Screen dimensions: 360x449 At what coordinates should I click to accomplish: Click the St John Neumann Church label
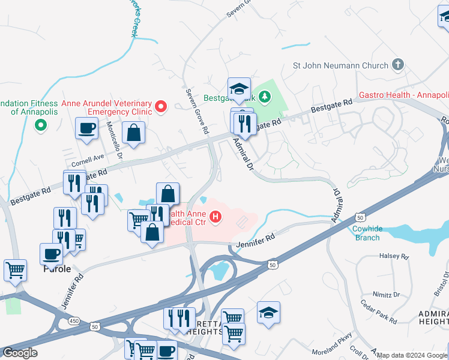point(340,65)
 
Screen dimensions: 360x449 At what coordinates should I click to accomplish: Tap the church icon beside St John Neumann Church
point(397,64)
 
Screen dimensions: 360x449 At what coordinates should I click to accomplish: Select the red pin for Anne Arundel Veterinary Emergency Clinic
point(160,107)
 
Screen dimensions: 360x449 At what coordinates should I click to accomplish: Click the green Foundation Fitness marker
point(40,125)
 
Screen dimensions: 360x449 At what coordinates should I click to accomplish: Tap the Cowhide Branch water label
point(366,233)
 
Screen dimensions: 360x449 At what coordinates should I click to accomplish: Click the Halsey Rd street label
point(394,256)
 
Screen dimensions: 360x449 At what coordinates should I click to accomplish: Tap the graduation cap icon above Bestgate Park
point(239,89)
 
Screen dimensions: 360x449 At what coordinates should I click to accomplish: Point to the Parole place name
point(56,269)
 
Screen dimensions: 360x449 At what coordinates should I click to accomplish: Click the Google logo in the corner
point(20,353)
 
